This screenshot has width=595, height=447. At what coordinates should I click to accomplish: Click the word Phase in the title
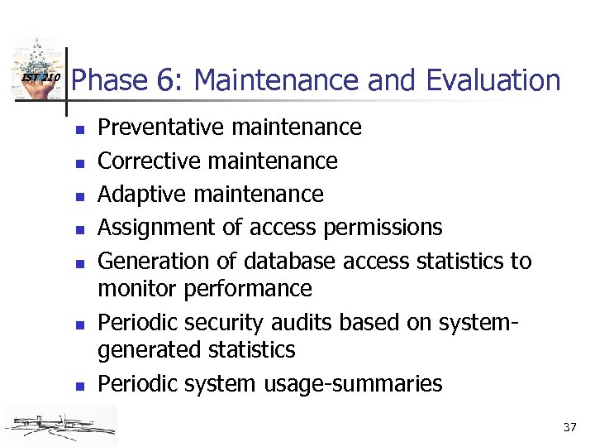pyautogui.click(x=108, y=81)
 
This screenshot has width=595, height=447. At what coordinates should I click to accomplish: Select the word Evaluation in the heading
pyautogui.click(x=493, y=81)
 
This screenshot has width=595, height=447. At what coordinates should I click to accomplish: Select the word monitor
pyautogui.click(x=134, y=289)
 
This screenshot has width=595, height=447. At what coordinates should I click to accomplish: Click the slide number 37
pyautogui.click(x=569, y=428)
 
